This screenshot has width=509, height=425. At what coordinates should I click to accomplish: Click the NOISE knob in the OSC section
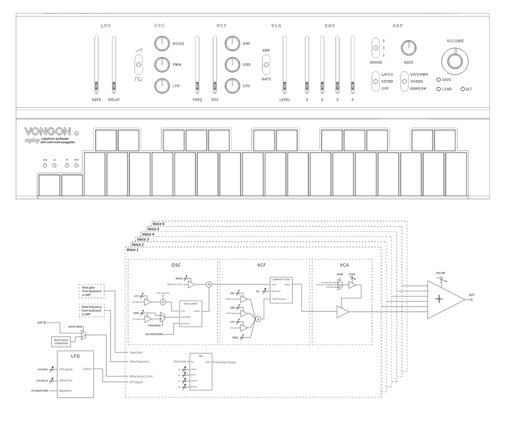click(x=161, y=44)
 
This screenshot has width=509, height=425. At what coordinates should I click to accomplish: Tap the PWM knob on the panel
click(x=161, y=65)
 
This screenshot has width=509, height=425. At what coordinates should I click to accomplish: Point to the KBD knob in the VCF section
click(x=232, y=65)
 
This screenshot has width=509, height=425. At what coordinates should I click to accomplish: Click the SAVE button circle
click(x=438, y=80)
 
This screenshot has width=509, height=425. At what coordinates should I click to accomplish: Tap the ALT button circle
click(x=462, y=89)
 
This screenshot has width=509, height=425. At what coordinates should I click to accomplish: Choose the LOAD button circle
click(x=438, y=89)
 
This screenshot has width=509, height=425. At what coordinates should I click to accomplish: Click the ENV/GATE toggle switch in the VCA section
click(x=266, y=65)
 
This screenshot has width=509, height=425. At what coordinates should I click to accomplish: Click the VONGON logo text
click(x=48, y=132)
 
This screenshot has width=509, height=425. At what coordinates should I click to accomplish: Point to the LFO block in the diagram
click(x=75, y=374)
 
